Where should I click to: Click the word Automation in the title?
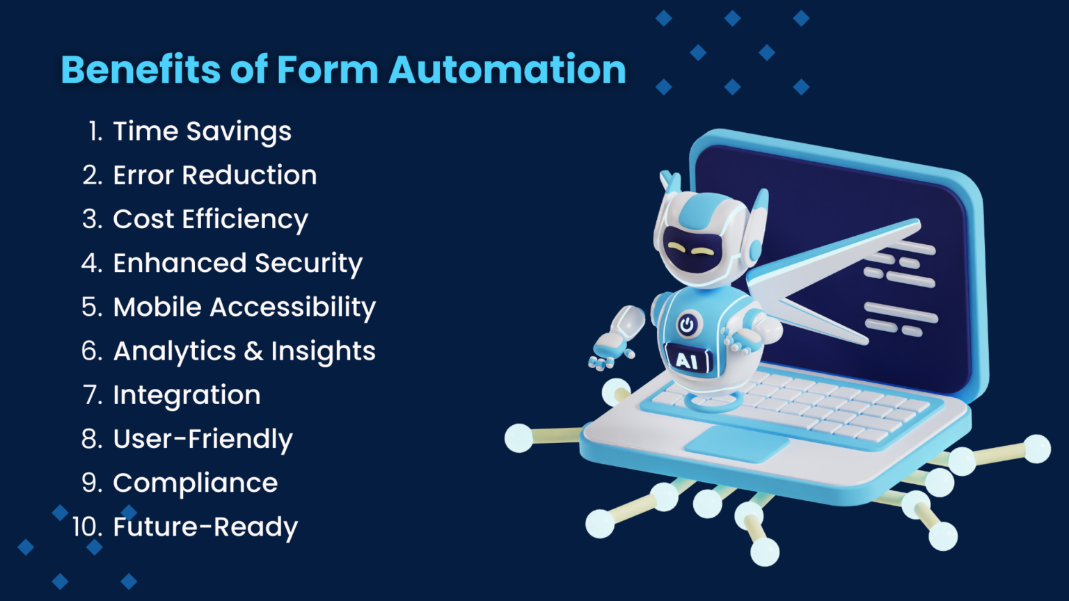pos(507,70)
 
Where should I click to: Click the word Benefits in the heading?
pos(141,70)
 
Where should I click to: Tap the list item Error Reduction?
pos(215,175)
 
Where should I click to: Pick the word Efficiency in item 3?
pos(245,220)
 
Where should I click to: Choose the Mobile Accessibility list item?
pos(244,307)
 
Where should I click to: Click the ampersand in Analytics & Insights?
pos(253,351)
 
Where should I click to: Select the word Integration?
pos(187,396)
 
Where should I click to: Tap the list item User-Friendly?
pos(203,440)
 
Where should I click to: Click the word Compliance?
pos(195,483)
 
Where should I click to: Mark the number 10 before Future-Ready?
pos(87,527)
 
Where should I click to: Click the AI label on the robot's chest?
pos(687,361)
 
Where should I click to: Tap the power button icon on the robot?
pos(687,326)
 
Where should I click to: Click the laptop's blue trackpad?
pos(737,444)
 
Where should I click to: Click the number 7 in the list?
pos(93,395)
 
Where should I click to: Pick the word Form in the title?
pos(328,70)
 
